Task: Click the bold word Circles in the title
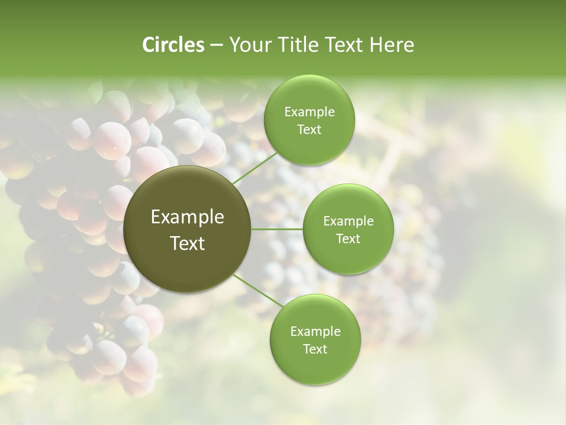tap(173, 45)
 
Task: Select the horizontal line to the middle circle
tap(277, 229)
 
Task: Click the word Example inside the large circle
tap(187, 217)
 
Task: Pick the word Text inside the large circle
tap(187, 243)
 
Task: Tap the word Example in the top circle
tap(310, 112)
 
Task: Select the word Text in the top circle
tap(310, 130)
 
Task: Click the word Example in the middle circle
tap(348, 221)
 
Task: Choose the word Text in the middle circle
tap(348, 239)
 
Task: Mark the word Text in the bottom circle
tap(315, 349)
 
